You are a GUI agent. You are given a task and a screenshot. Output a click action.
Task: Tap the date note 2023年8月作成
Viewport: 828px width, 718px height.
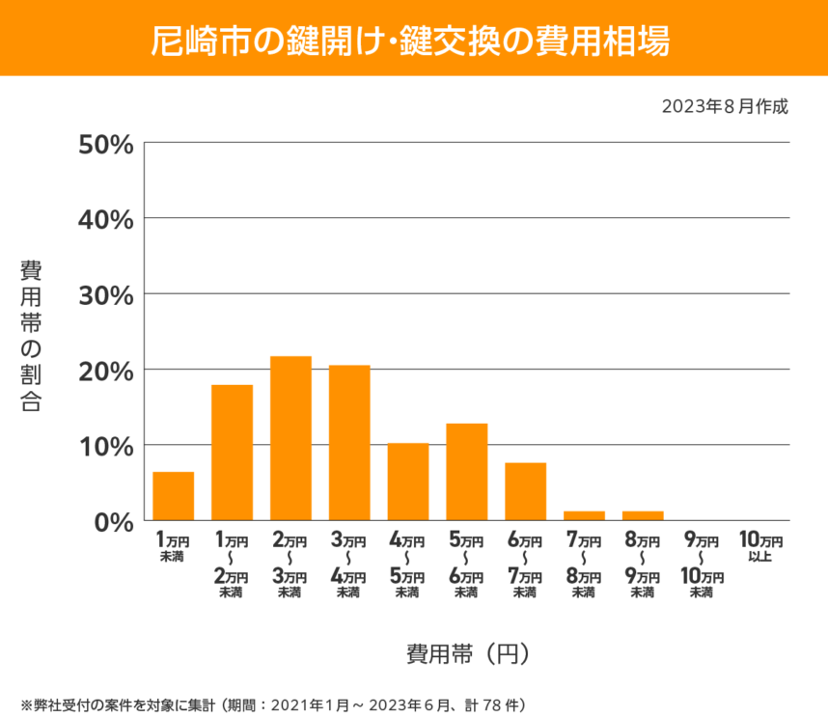click(725, 106)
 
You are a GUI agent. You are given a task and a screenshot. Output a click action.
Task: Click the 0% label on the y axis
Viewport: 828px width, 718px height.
click(112, 521)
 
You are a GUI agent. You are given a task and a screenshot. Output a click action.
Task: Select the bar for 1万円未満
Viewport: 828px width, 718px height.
click(174, 496)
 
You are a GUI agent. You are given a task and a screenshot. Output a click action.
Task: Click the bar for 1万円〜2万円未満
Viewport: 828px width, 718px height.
click(233, 453)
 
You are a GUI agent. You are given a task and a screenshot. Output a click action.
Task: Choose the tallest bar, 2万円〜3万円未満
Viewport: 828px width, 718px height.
click(290, 438)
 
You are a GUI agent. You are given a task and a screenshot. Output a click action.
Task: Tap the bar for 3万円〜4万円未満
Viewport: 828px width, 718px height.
click(349, 443)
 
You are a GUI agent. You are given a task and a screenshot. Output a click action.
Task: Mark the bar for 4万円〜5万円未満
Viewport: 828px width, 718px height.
click(408, 482)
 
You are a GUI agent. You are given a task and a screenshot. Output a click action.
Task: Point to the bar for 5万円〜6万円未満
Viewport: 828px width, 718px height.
click(467, 472)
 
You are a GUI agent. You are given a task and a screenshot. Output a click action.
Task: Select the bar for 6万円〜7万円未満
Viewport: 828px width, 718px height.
click(526, 491)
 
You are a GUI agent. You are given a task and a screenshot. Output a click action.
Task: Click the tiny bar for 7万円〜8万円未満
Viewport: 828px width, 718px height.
click(584, 515)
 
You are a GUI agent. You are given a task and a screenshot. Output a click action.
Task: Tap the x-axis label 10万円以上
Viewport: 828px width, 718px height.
click(759, 547)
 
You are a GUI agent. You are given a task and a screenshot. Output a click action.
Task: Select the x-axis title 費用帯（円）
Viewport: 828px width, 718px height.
click(467, 653)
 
